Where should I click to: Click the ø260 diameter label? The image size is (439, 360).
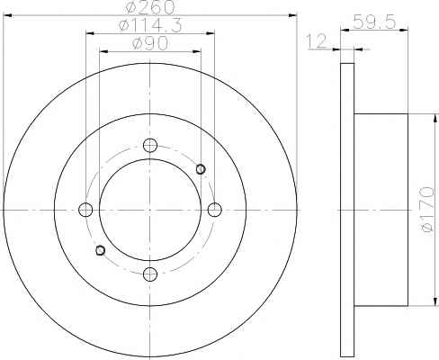click(x=150, y=7)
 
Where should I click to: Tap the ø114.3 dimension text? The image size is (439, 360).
click(x=150, y=26)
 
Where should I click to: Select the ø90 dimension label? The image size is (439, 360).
click(x=150, y=44)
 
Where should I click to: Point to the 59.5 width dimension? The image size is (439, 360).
click(x=374, y=22)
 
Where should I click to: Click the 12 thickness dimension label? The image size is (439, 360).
click(x=317, y=41)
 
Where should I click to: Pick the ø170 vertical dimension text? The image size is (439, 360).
click(x=427, y=209)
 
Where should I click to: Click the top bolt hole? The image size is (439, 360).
click(x=150, y=146)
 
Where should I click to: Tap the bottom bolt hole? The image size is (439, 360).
click(x=150, y=274)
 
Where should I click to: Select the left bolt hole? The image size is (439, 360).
click(x=85, y=210)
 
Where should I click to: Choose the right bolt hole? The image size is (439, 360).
click(x=215, y=210)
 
